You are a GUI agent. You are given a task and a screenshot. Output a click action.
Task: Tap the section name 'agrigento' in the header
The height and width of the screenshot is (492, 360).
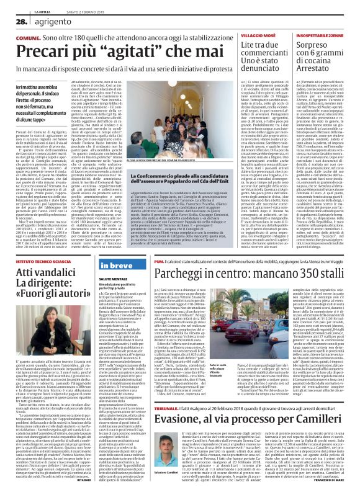coord(50,22)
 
